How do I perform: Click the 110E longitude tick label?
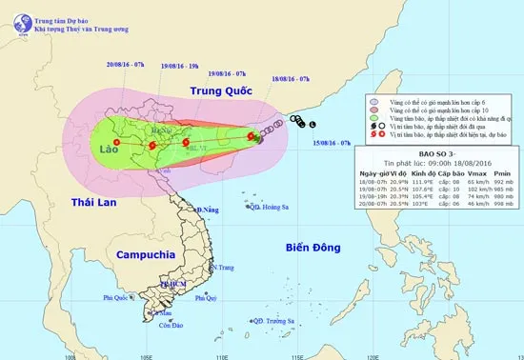[220, 355]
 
